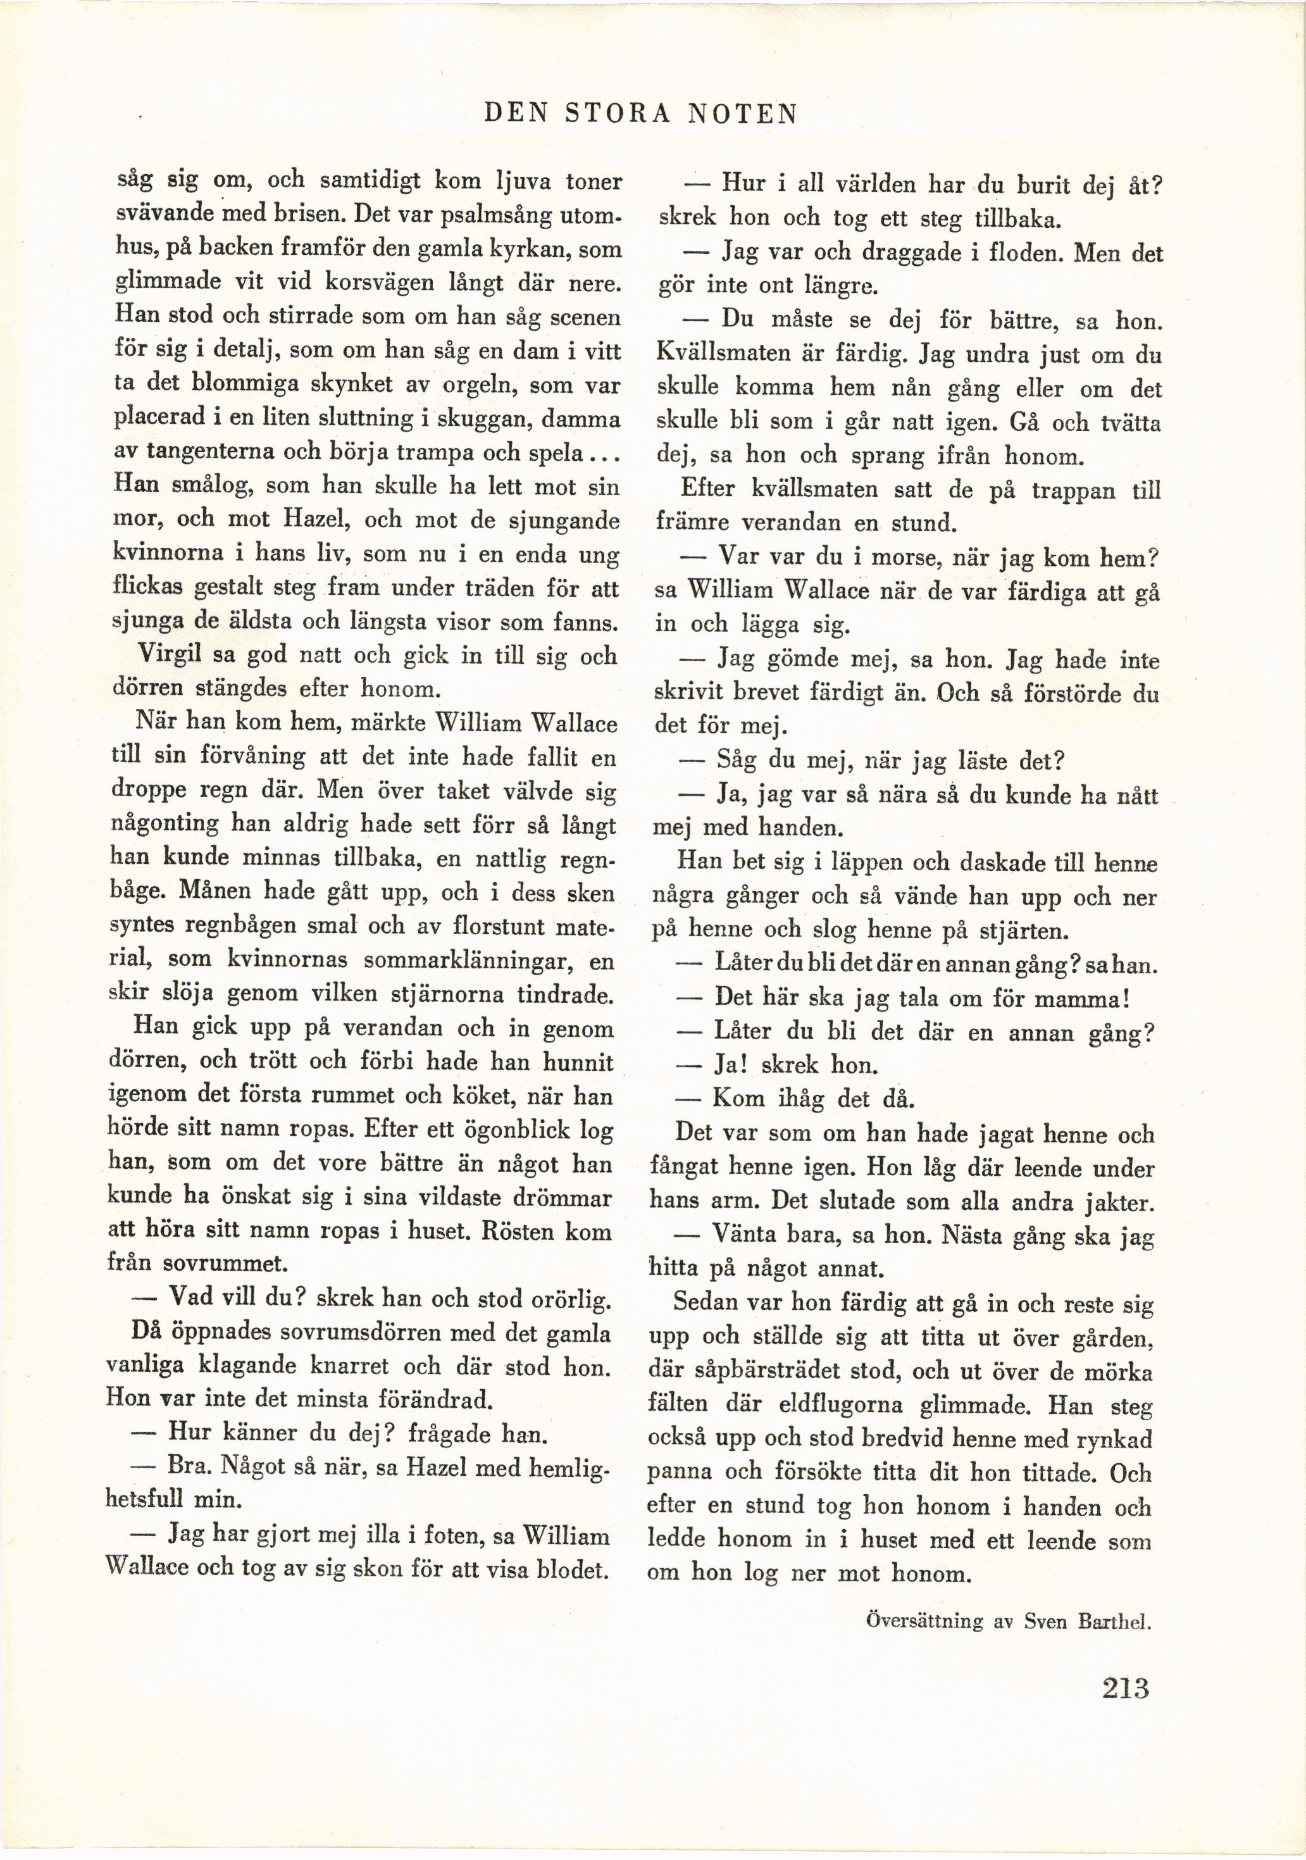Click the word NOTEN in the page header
pos(743,114)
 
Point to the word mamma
pos(1078,998)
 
